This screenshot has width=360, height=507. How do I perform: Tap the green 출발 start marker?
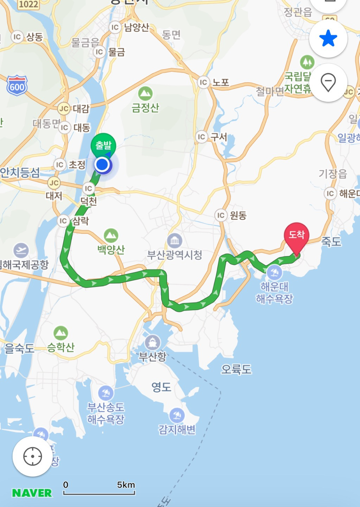pos(103,145)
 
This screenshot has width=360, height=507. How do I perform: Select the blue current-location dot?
pos(102,164)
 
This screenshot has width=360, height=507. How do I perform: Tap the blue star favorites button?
pos(328,38)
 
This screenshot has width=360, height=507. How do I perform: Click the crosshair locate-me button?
pos(32,456)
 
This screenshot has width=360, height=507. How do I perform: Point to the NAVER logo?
pos(32,493)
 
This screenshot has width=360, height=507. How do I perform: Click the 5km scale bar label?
pos(126,485)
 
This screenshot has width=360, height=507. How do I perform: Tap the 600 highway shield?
pos(17,86)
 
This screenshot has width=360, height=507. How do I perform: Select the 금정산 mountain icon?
pos(145,94)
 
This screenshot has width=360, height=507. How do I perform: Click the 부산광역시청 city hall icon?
pos(175,241)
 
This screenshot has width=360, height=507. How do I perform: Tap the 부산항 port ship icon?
pos(152,342)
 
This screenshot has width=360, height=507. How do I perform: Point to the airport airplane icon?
pos(21,250)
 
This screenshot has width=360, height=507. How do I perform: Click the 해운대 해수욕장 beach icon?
pos(274,273)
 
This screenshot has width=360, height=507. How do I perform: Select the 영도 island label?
pos(161,387)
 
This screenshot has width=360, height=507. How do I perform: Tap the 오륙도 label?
pos(236,369)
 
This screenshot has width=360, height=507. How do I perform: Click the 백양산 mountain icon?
pos(111,236)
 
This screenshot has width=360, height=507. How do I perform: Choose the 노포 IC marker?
pos(203,82)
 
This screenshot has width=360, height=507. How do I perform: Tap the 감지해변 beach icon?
pos(177,415)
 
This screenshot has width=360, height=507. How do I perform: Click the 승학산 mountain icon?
pos(61,333)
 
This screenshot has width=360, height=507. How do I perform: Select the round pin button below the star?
pos(328,83)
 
